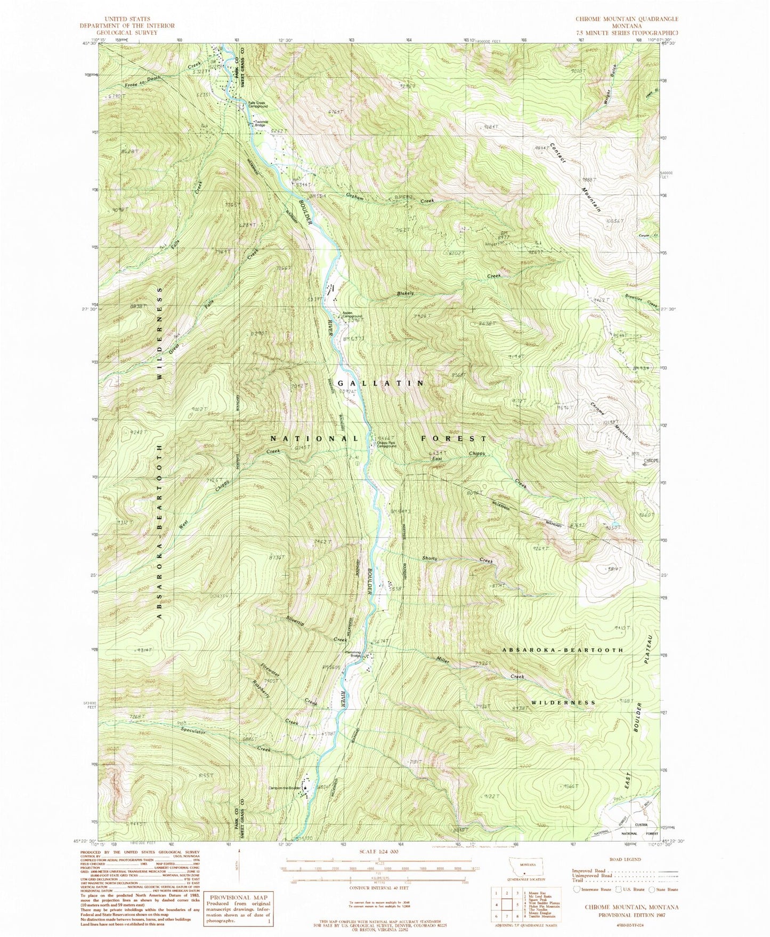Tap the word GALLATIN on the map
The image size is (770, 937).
point(381,383)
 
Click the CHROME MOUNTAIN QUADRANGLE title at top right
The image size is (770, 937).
point(627,19)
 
